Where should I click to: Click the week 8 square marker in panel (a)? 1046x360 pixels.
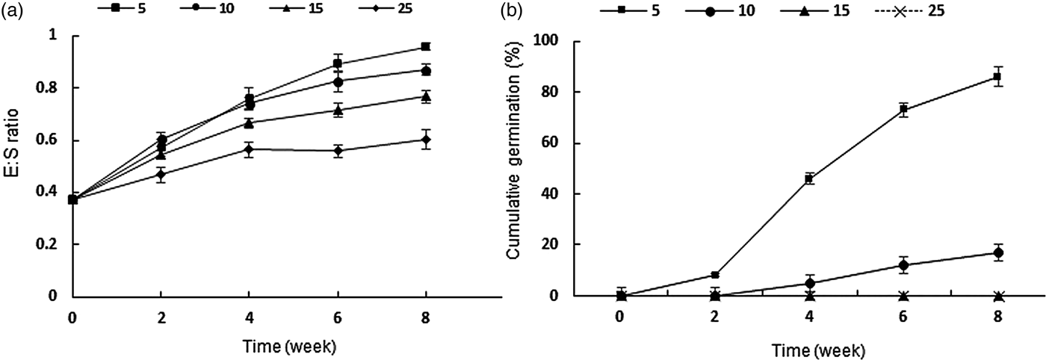[425, 47]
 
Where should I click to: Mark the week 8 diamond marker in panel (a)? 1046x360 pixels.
[425, 139]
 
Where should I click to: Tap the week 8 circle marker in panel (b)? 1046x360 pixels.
[997, 253]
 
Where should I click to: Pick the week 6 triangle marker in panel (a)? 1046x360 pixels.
[338, 110]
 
